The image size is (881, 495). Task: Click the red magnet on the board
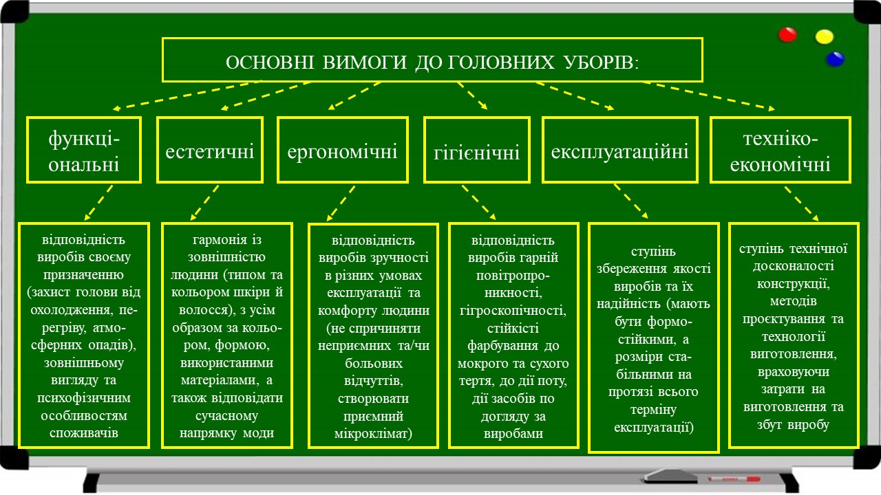click(787, 34)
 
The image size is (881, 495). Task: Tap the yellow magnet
click(824, 36)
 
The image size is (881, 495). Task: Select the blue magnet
click(835, 59)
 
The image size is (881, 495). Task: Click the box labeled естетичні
click(210, 150)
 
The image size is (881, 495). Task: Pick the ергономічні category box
click(343, 150)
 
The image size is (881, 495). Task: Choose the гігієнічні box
click(477, 150)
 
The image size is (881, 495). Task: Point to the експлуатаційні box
click(620, 150)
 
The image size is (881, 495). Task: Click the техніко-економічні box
click(781, 150)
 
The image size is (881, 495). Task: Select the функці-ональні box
click(84, 150)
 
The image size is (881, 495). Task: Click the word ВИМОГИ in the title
click(364, 63)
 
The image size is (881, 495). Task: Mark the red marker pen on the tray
click(734, 479)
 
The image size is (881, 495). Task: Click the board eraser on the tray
click(670, 476)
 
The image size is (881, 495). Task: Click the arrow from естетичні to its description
click(204, 203)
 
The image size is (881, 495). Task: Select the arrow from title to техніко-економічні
click(709, 96)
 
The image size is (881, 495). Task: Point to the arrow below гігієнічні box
click(479, 202)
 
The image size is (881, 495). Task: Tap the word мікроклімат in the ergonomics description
click(373, 434)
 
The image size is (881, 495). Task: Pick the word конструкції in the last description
click(794, 284)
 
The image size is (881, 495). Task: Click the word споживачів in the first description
click(84, 433)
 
